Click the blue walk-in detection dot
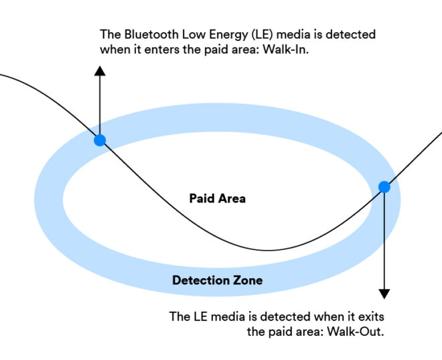[100, 140]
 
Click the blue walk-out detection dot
[384, 187]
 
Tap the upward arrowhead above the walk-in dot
[100, 70]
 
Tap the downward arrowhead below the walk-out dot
[384, 293]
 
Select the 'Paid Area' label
[217, 198]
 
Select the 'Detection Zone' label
[217, 280]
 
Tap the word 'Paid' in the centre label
[201, 198]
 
